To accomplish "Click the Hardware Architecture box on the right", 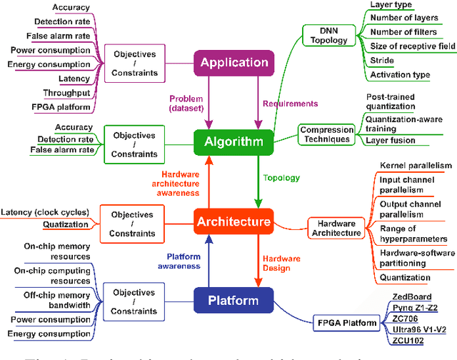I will click(337, 227).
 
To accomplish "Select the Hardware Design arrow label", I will click(282, 262).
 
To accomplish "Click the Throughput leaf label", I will click(66, 93).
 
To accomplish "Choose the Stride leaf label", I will click(383, 61).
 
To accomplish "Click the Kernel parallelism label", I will click(415, 165).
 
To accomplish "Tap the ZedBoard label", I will click(413, 296).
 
